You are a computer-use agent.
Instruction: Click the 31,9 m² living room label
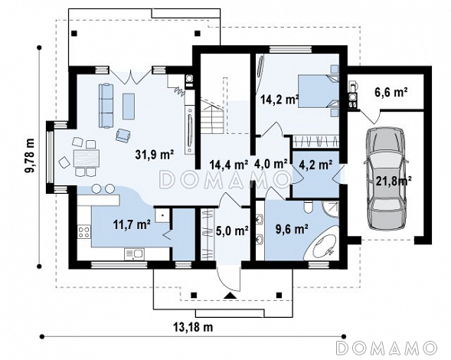coord(155,155)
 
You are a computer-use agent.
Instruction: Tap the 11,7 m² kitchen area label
coord(132,224)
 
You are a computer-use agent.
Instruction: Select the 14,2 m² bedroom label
coord(279,100)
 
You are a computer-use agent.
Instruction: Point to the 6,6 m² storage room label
coord(391,93)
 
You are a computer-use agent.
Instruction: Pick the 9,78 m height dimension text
coord(30,155)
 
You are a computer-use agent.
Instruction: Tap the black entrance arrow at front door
coord(230,295)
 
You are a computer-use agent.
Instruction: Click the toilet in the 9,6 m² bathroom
coord(308,208)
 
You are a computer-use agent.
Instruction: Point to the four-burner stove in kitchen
coord(83,232)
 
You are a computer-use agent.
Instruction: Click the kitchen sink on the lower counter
coord(134,254)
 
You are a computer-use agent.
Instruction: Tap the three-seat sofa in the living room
coord(106,106)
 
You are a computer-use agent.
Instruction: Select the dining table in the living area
coord(87,159)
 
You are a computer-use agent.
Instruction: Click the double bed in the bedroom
coord(318,91)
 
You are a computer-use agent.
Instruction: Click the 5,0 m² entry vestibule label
coord(232,231)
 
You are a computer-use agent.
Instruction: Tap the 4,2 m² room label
coord(315,165)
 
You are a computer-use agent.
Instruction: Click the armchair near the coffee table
coord(123,135)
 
